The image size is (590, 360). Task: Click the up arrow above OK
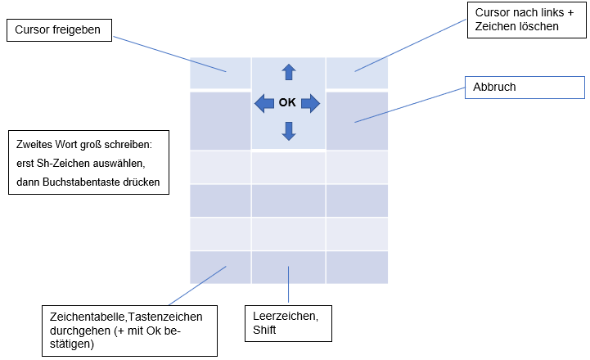coord(288,72)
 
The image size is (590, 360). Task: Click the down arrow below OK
coord(288,131)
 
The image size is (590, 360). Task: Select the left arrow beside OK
coord(263,103)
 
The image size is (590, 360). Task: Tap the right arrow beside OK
coord(310,103)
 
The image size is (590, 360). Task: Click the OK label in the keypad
coord(287,103)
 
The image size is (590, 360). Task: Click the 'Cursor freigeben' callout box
coord(60,30)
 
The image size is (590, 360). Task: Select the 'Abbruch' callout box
coord(525,88)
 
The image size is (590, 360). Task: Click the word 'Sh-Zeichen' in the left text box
coord(62,162)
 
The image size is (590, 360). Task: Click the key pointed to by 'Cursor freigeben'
coord(220,73)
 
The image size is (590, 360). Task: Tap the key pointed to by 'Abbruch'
coord(357,121)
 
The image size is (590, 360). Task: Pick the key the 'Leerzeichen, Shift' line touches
coord(288,268)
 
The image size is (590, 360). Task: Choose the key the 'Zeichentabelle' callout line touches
coord(220,268)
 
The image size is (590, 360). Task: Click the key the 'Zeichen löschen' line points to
coord(357,73)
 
